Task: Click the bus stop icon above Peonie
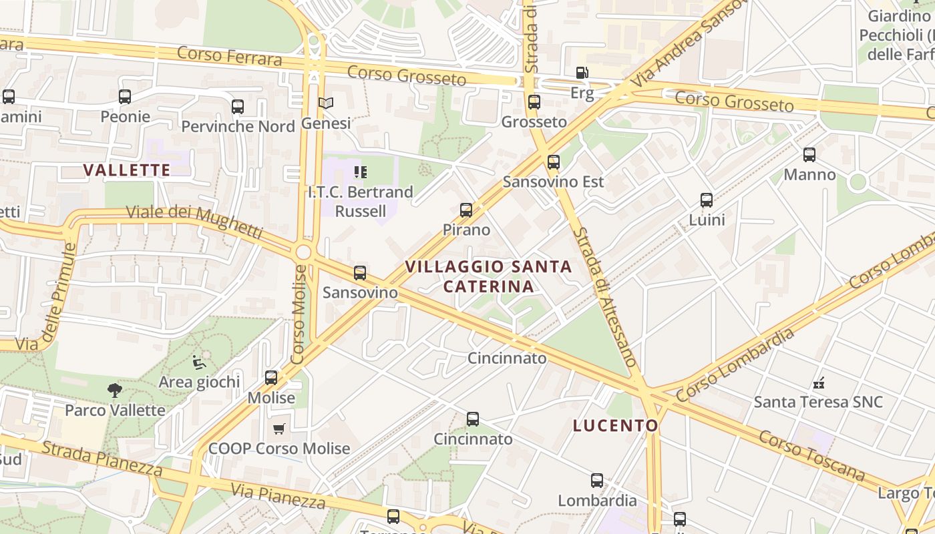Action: [x=125, y=97]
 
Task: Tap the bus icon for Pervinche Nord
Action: [x=237, y=106]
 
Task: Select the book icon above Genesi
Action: [x=326, y=103]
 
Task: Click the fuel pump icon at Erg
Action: [x=582, y=72]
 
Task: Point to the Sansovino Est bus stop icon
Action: [x=553, y=162]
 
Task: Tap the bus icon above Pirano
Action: [x=466, y=210]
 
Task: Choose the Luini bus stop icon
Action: [x=706, y=200]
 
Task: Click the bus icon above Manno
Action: [x=809, y=155]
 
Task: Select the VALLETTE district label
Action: [x=127, y=170]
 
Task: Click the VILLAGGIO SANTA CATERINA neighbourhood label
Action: [x=489, y=276]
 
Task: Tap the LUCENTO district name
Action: [x=615, y=425]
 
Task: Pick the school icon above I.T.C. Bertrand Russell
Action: [x=361, y=172]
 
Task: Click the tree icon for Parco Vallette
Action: [x=115, y=390]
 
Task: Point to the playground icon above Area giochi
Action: [x=199, y=362]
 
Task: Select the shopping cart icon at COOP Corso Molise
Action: [x=278, y=429]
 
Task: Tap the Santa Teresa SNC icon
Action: [x=818, y=383]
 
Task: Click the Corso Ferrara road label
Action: [x=230, y=57]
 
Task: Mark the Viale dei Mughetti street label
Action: [x=194, y=222]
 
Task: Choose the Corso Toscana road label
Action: [x=811, y=456]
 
